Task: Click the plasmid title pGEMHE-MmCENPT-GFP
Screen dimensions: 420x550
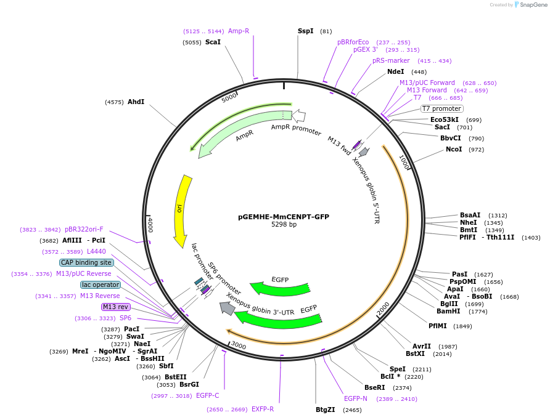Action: pyautogui.click(x=284, y=217)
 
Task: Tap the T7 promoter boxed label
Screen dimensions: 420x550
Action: pyautogui.click(x=441, y=108)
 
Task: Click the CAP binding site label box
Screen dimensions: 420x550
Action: pyautogui.click(x=86, y=262)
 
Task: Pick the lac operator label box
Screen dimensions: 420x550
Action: pyautogui.click(x=101, y=285)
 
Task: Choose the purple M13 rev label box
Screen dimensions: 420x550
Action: pyautogui.click(x=116, y=307)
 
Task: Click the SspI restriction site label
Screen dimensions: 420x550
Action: pyautogui.click(x=305, y=31)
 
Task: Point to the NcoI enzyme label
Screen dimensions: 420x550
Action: pyautogui.click(x=454, y=149)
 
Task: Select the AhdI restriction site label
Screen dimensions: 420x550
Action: pyautogui.click(x=136, y=102)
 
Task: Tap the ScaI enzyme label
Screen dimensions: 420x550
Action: pyautogui.click(x=213, y=42)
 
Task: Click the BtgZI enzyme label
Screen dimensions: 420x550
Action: pyautogui.click(x=325, y=410)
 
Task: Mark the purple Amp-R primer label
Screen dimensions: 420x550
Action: pyautogui.click(x=239, y=31)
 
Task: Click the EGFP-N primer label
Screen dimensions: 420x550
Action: pyautogui.click(x=356, y=398)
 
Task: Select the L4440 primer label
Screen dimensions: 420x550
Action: pyautogui.click(x=96, y=251)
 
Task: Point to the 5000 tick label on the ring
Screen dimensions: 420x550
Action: pyautogui.click(x=229, y=97)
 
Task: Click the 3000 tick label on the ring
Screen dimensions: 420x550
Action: pyautogui.click(x=238, y=346)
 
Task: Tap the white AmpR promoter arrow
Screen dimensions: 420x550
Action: pyautogui.click(x=299, y=116)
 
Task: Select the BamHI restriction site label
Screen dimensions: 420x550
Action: pyautogui.click(x=449, y=311)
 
